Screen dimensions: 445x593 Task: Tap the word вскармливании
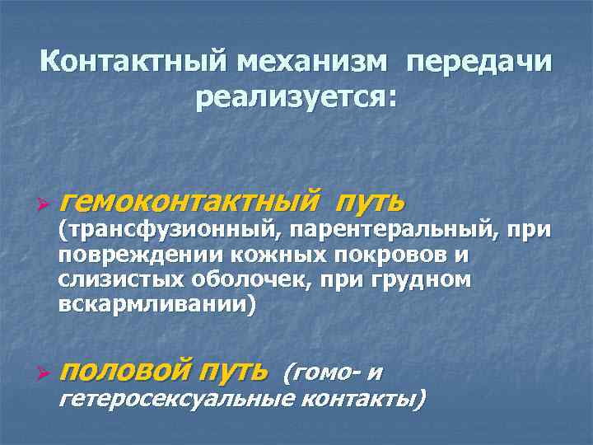click(x=152, y=305)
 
